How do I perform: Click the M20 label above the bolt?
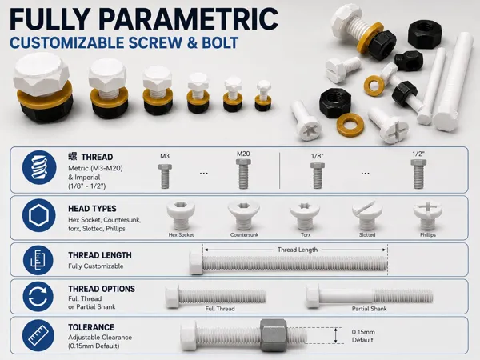click(243, 154)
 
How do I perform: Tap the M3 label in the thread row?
click(165, 156)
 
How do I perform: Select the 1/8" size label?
click(317, 156)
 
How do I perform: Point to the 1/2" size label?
click(418, 154)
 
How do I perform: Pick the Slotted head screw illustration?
click(367, 215)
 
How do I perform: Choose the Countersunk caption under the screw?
click(244, 234)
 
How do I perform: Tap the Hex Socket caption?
click(181, 234)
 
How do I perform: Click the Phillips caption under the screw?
click(428, 234)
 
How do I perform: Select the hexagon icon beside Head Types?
click(39, 215)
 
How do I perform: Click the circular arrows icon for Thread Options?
click(38, 297)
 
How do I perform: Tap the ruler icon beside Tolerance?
click(38, 335)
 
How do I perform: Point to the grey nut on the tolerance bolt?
click(273, 335)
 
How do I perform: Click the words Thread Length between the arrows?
click(298, 250)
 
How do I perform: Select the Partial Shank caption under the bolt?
click(369, 309)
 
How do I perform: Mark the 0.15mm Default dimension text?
click(363, 336)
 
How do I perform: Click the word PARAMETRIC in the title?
click(188, 19)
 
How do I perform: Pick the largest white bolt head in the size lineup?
click(41, 74)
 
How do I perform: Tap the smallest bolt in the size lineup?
click(263, 95)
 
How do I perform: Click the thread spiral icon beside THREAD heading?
click(39, 167)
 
